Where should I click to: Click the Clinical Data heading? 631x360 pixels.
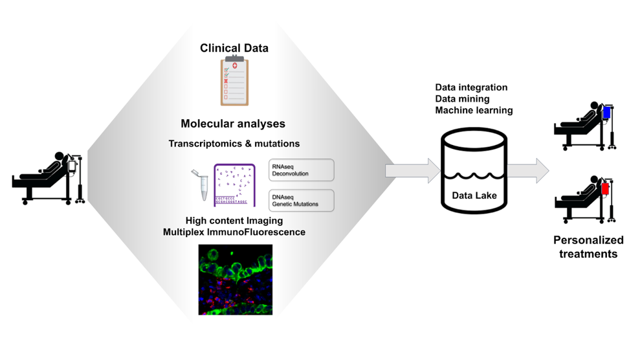[234, 48]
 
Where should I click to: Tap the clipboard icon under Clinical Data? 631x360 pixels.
[234, 81]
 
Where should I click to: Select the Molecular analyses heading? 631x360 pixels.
[233, 124]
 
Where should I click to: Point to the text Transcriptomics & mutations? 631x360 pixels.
[234, 143]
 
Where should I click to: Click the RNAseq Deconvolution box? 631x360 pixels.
[301, 170]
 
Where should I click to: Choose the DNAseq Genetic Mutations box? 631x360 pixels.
[301, 200]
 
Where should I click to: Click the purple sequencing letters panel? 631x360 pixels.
[234, 185]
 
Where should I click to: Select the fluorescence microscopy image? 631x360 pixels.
[235, 280]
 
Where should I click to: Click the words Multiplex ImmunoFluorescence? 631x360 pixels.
[234, 232]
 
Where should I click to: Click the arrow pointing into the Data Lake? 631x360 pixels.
[413, 171]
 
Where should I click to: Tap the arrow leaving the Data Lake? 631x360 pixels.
[527, 171]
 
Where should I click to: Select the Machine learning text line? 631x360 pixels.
[474, 111]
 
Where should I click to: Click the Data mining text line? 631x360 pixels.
[462, 99]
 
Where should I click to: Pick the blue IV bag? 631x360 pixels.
[606, 113]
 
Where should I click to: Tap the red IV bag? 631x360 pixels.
[606, 188]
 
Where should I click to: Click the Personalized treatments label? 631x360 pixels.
[588, 247]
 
